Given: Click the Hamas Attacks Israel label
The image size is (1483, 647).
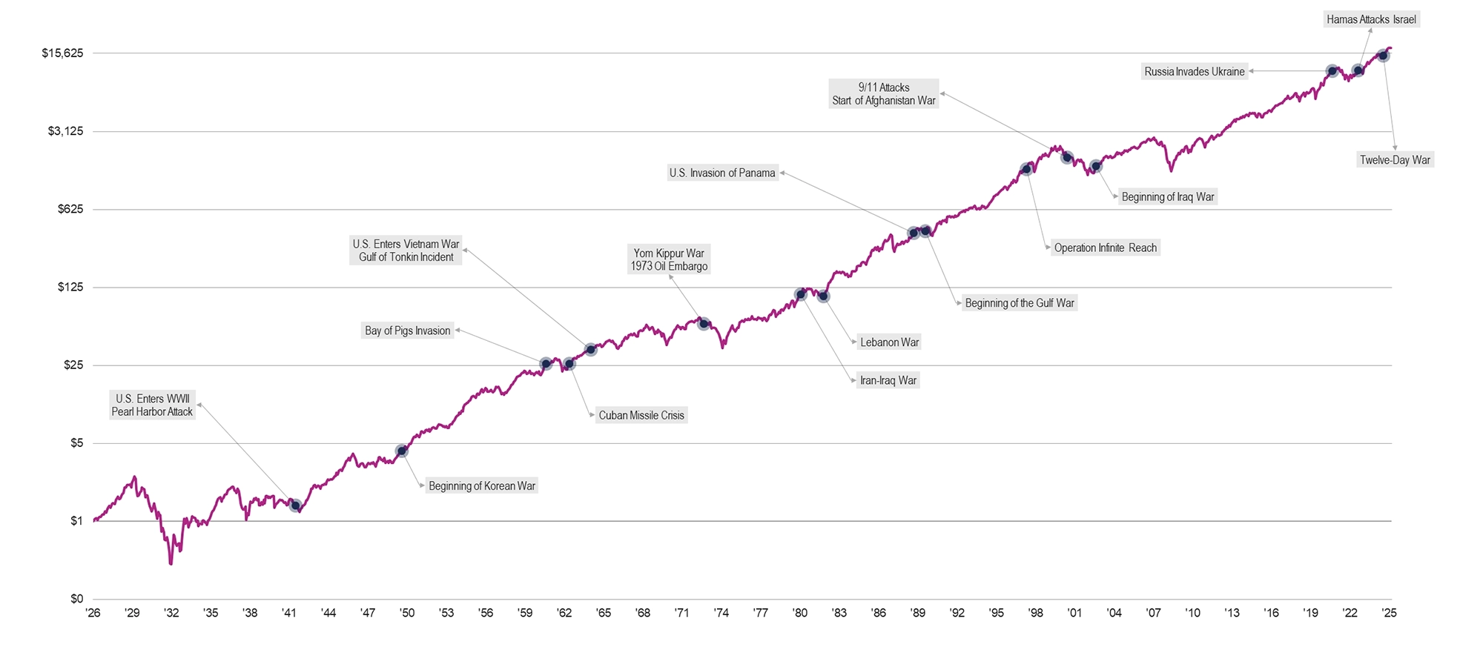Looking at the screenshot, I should coord(1371,19).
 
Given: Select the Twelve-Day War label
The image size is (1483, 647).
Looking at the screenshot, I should coord(1395,160).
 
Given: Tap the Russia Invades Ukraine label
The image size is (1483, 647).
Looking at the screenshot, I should coord(1194,72).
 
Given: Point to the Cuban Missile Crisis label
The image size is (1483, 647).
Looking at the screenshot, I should coord(641,415).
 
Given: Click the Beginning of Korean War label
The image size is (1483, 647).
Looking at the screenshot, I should coord(482,486).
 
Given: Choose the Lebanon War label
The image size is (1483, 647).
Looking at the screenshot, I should coord(889,342).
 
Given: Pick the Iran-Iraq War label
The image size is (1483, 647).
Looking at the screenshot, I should coord(888,381).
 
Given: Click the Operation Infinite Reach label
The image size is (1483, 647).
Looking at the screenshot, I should coord(1105,248).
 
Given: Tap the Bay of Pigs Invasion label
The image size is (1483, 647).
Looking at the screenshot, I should coord(407,331).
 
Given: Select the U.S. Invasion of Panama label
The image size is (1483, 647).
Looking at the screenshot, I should coord(722,173).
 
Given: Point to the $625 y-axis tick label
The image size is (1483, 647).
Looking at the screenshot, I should coord(70,209).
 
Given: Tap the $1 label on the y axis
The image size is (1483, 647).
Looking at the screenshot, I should coord(76,521).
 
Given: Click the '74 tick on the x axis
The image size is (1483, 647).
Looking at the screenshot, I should coord(721,613).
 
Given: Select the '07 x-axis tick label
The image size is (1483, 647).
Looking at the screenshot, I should coord(1153,613).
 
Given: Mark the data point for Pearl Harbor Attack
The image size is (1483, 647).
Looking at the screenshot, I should coord(295,505).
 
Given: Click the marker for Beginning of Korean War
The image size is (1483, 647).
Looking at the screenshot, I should coord(402,451).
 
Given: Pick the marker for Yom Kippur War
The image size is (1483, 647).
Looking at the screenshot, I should coord(704,324).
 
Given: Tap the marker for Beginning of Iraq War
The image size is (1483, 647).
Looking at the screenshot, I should coord(1096,166).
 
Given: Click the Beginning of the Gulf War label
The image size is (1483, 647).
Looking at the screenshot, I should coord(1019,303).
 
